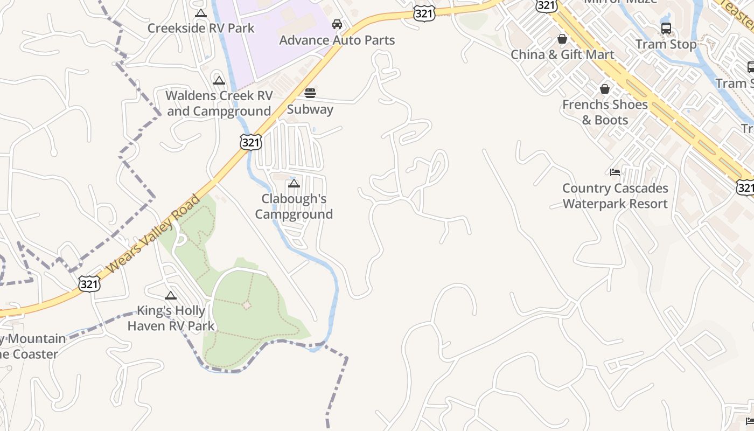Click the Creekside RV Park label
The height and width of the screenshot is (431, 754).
(201, 28)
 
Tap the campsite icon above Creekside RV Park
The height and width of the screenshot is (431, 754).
(201, 13)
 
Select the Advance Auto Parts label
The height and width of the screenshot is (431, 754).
(337, 40)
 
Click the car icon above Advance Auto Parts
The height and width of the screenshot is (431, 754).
(337, 24)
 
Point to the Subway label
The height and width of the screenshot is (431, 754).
(310, 109)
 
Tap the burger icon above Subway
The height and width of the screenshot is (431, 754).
(310, 93)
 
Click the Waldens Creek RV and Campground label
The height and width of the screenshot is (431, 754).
(219, 103)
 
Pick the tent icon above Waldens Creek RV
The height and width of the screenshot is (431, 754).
(219, 81)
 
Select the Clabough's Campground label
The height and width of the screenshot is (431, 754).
(294, 206)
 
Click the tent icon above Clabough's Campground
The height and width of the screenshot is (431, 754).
(294, 184)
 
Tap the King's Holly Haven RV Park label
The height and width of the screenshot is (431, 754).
(171, 318)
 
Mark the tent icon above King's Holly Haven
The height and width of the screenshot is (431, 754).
(171, 295)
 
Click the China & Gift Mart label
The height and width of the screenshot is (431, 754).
(562, 54)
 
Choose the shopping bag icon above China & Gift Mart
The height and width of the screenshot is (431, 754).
(562, 39)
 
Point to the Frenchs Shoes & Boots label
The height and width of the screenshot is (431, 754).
(605, 112)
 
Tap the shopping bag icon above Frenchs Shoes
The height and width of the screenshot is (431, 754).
(605, 89)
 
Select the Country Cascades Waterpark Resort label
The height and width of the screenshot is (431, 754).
(615, 196)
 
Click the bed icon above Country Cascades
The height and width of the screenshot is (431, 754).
(615, 172)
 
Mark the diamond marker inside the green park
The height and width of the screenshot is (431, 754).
(247, 305)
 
